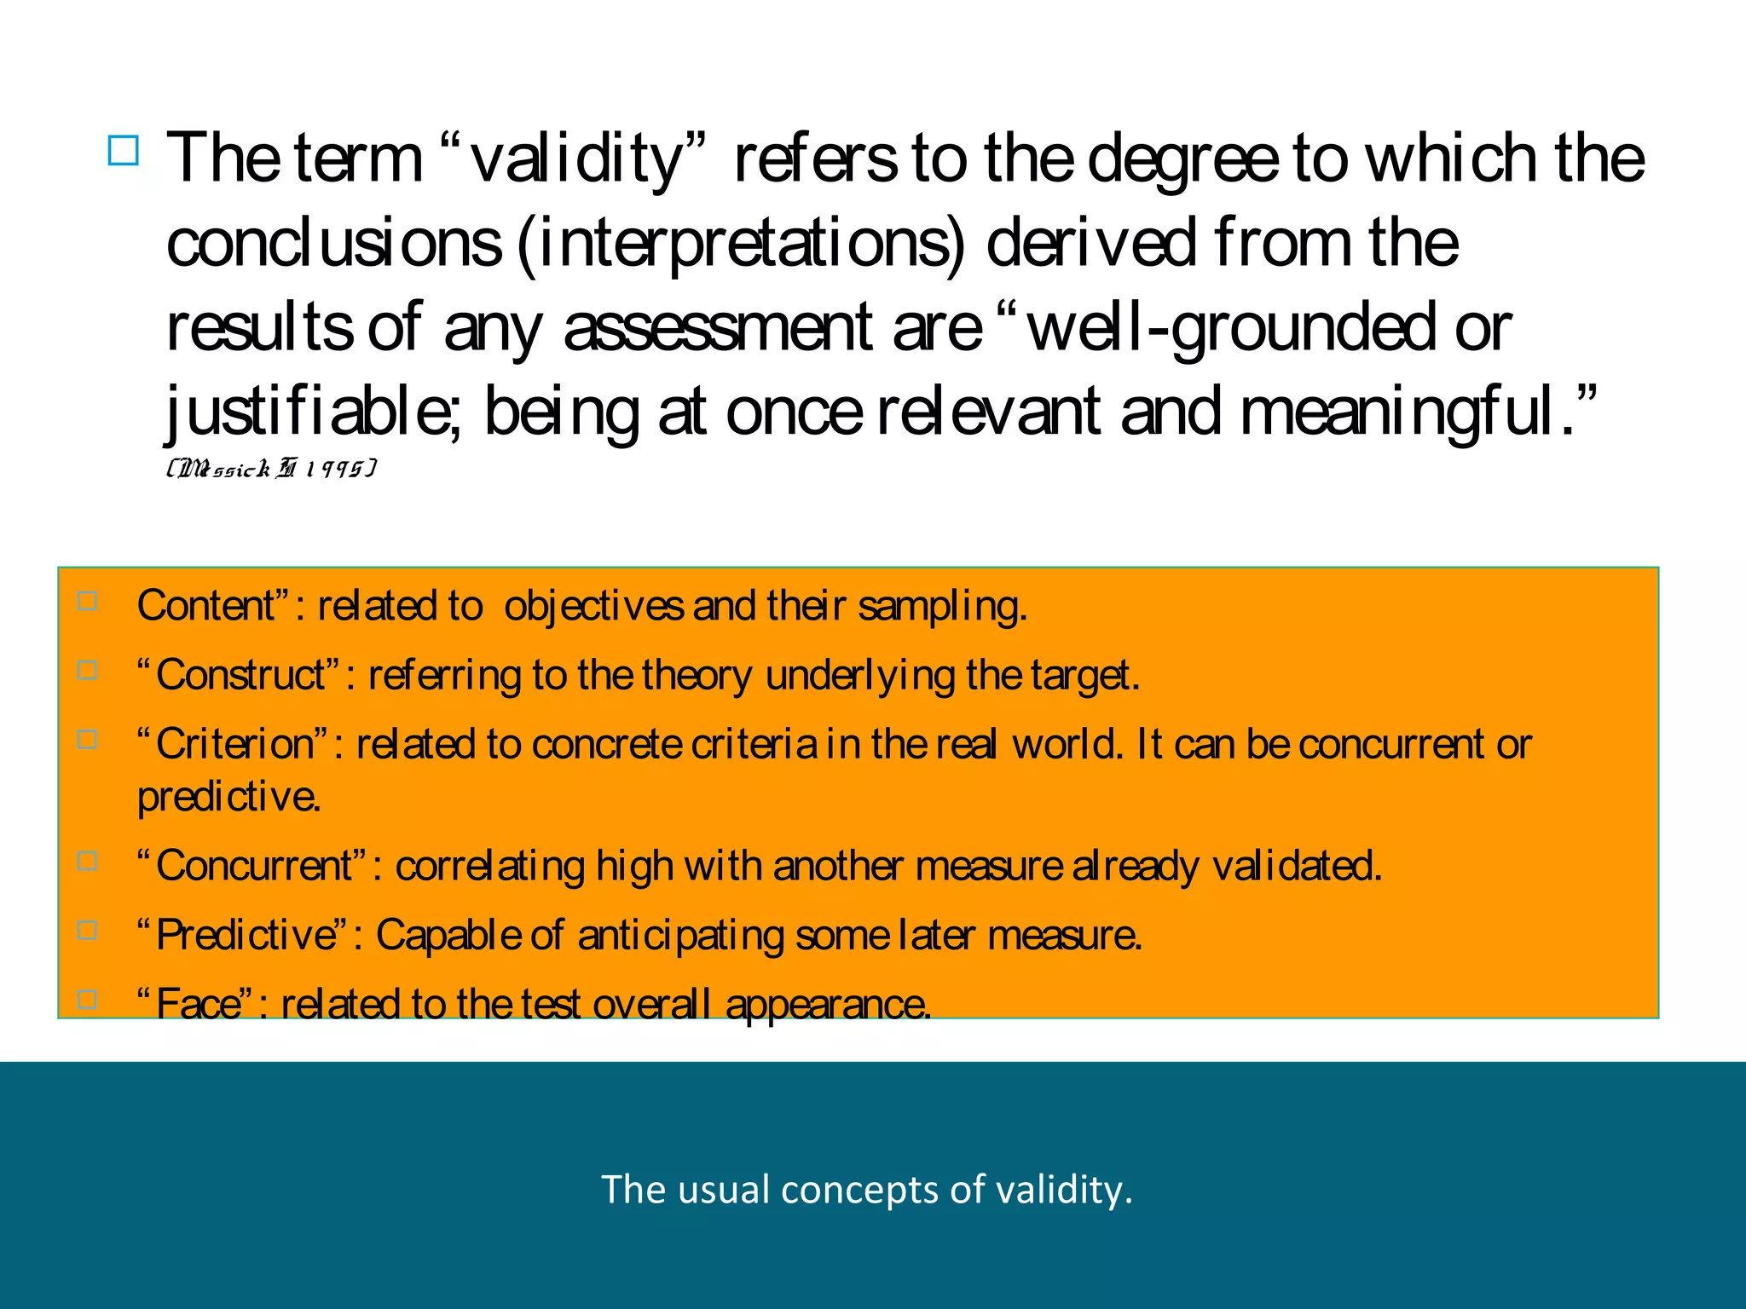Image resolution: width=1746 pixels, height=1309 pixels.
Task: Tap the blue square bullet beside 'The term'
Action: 124,151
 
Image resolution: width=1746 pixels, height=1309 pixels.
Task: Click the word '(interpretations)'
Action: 742,245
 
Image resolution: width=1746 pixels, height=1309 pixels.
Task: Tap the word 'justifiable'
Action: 312,412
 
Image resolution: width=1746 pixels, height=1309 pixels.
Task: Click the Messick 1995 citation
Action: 272,468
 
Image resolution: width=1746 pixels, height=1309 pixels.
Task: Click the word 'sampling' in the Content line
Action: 942,607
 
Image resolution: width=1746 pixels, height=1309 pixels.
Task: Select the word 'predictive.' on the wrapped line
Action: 229,797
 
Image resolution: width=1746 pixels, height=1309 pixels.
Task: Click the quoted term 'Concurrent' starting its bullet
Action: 253,866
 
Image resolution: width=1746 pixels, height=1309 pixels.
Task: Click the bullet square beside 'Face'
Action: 87,999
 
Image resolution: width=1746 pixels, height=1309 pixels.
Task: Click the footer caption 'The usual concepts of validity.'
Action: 867,1189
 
